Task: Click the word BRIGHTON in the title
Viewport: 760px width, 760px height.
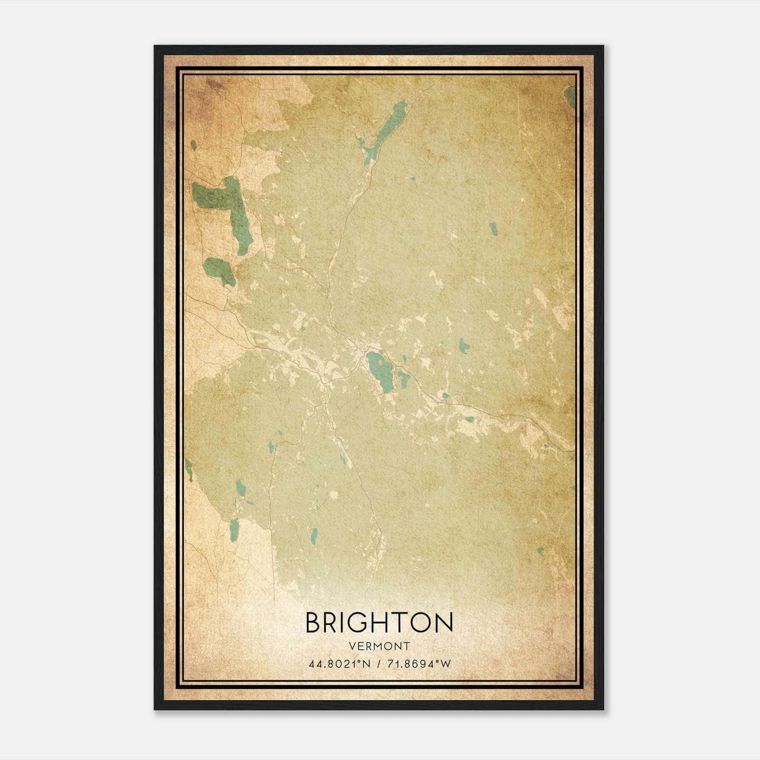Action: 379,623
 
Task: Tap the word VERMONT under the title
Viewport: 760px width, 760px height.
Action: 379,646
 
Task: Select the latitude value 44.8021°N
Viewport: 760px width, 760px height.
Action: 339,664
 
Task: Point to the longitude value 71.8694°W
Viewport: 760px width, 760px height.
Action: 418,664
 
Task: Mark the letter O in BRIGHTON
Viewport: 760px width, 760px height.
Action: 420,623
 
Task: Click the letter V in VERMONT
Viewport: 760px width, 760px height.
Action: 351,646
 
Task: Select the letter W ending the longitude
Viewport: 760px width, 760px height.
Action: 445,664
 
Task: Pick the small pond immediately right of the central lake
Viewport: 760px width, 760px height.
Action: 404,378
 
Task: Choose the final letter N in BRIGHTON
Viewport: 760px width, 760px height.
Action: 444,623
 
